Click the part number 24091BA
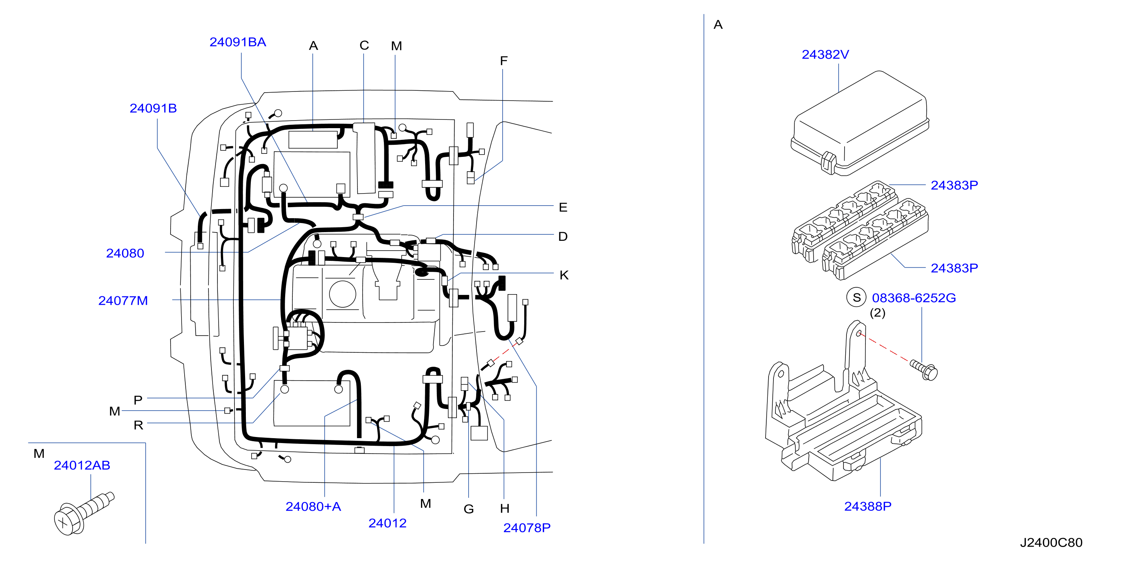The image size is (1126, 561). pos(238,42)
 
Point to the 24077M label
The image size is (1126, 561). pos(123,301)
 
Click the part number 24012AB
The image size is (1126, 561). pos(82,465)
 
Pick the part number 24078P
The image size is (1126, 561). pos(527,528)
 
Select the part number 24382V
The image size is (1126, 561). pos(825,54)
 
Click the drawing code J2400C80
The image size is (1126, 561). pos(1051,542)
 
